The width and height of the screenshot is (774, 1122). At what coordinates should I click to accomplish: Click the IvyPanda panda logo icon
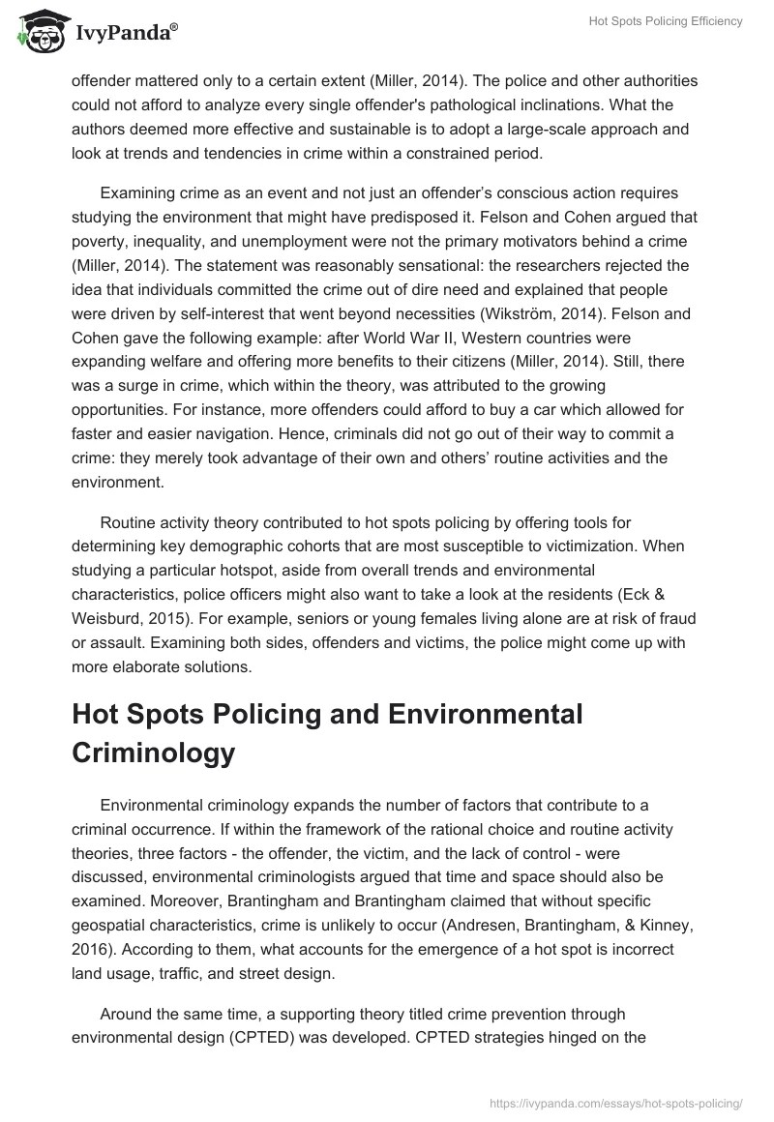[39, 31]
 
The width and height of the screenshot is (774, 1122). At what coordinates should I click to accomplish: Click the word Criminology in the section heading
[153, 753]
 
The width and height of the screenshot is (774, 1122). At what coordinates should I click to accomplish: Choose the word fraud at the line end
[675, 617]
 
